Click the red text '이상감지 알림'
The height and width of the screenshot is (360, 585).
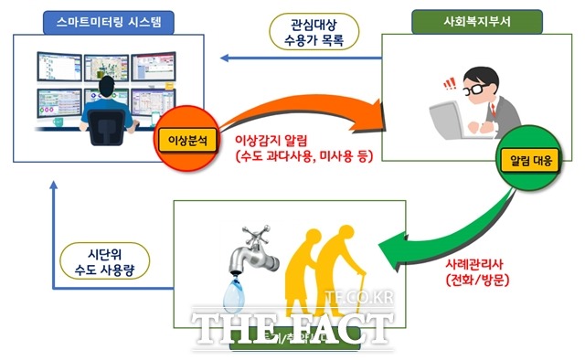(x=275, y=143)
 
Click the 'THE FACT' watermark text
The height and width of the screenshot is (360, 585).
(x=292, y=324)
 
